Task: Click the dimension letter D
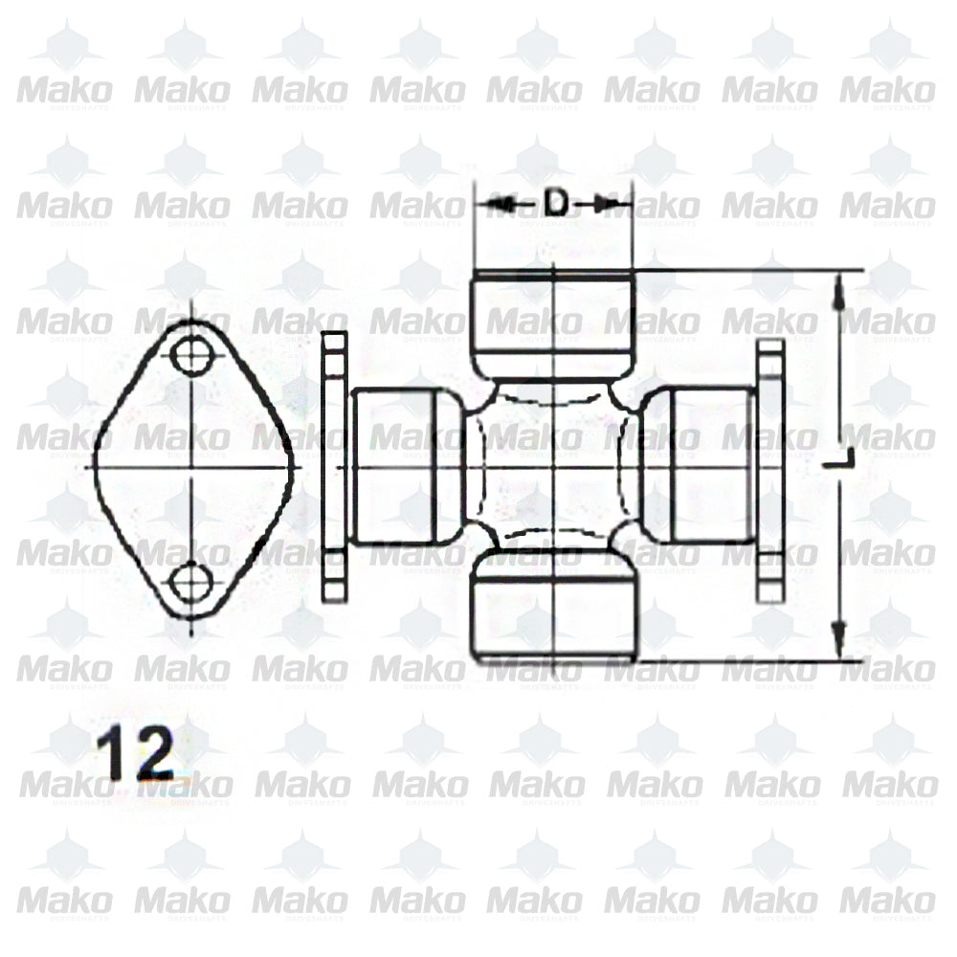point(555,203)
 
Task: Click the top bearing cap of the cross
point(554,323)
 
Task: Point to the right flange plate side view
point(770,469)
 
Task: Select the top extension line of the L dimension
point(746,271)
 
